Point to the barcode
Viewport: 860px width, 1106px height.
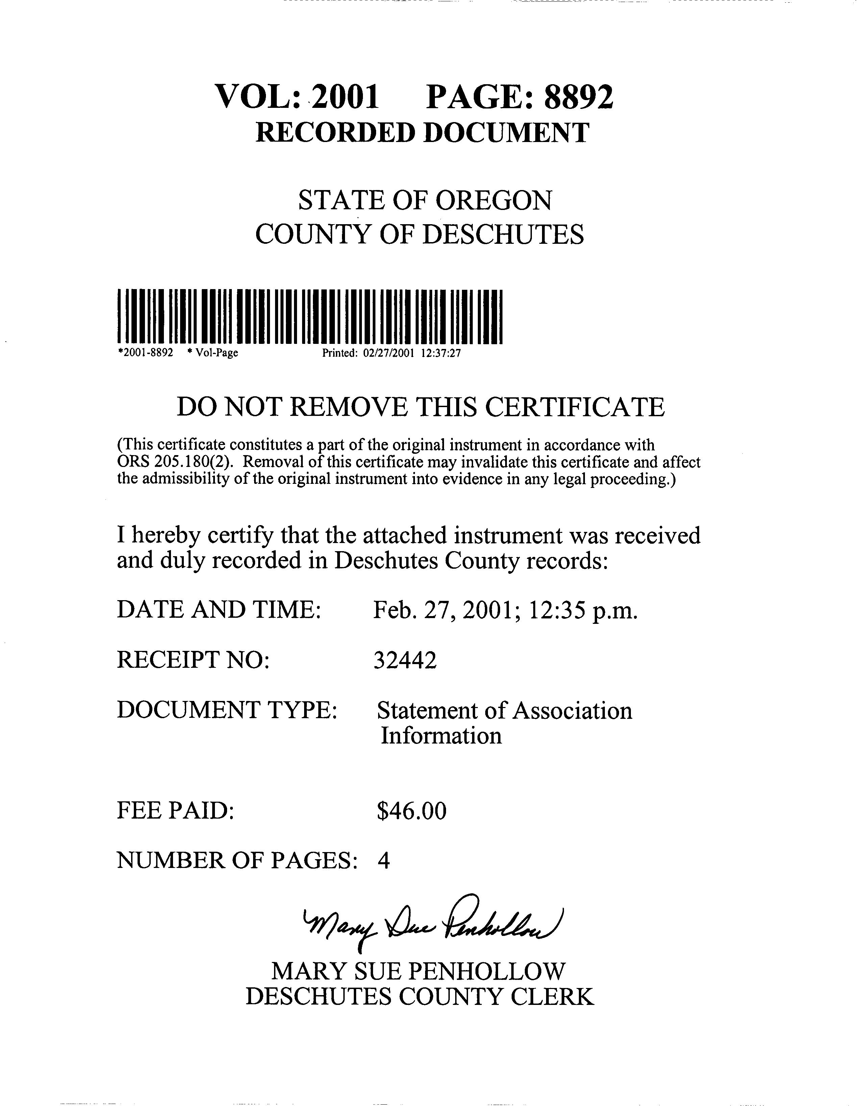[310, 316]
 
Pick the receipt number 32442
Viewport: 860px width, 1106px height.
[405, 660]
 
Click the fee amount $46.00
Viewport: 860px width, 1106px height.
[412, 811]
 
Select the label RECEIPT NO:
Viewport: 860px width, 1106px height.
[193, 660]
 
